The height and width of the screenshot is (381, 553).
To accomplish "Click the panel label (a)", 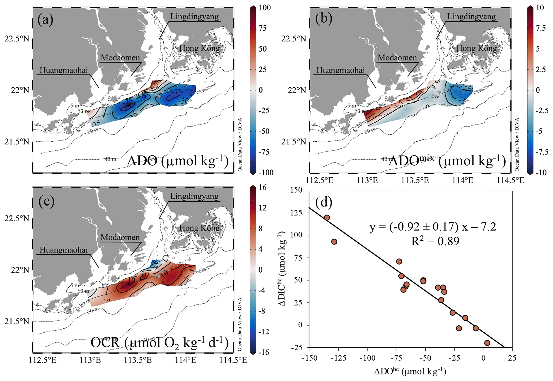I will [x=45, y=20].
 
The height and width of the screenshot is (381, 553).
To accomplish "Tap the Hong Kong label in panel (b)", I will [x=476, y=48].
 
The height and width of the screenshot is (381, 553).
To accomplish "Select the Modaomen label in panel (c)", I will [x=120, y=237].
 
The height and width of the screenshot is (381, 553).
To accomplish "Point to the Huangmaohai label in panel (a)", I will [x=64, y=70].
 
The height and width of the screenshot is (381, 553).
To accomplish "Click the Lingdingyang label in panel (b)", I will [x=471, y=17].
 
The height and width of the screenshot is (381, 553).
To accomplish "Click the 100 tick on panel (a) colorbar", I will [x=265, y=8].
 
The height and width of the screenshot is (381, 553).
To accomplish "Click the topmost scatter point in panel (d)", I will [x=327, y=217].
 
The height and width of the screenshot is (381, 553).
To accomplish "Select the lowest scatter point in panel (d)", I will [x=487, y=343].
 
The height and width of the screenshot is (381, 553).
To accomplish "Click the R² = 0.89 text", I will [x=435, y=241].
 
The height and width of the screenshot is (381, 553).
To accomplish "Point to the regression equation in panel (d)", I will [x=433, y=227].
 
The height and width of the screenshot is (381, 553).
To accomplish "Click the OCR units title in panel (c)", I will [x=159, y=343].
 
